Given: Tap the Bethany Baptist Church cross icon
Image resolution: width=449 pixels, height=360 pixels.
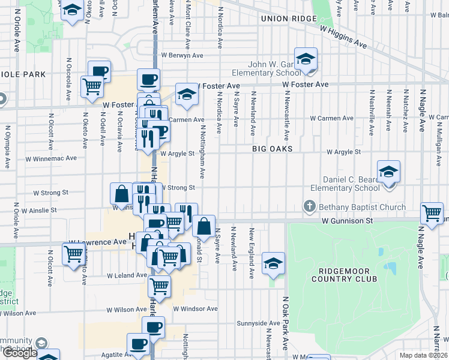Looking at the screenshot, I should pos(310,207).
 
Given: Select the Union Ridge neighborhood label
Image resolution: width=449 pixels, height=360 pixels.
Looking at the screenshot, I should pos(288,19).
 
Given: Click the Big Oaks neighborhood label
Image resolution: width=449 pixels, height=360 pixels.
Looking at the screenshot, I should pos(272,148).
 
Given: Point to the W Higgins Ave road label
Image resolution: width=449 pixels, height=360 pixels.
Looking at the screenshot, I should pos(343,37).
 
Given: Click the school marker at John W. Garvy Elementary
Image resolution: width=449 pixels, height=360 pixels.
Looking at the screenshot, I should pos(306,59).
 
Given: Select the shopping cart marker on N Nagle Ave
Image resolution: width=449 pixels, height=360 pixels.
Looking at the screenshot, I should pos(432,212).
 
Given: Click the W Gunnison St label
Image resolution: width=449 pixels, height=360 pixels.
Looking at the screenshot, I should pos(348,221).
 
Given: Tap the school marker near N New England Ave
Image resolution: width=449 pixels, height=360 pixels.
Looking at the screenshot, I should pos(273,263).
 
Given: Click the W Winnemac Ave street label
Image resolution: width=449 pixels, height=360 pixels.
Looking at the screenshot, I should pos(51,159).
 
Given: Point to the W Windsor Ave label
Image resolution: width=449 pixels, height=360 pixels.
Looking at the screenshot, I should pos(195,309).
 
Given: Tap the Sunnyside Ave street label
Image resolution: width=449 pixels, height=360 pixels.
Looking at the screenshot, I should pos(258,323).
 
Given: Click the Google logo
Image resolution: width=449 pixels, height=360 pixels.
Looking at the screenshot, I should pos(20,353).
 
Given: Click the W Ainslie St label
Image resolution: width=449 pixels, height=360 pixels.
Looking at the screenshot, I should pos(39,211).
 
